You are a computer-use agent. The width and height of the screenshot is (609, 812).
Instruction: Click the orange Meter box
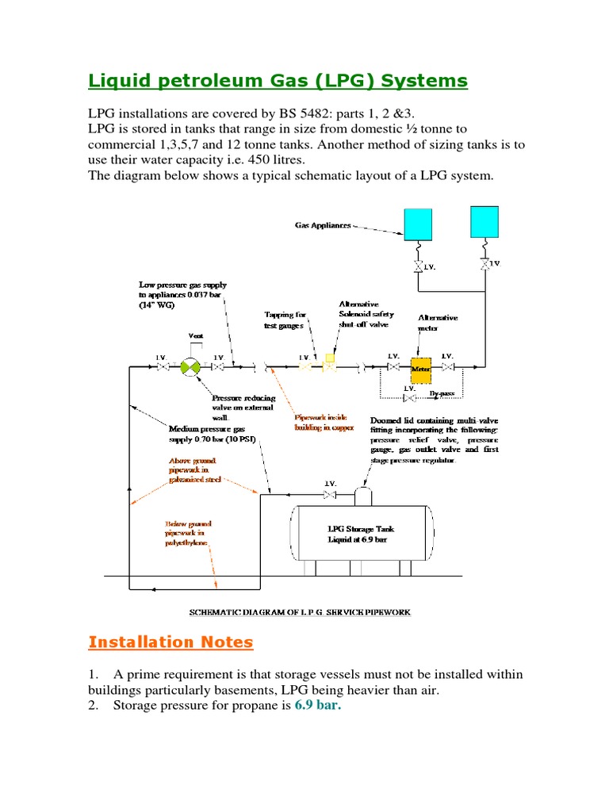tap(420, 367)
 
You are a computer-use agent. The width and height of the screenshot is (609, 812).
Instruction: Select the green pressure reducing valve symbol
tap(190, 367)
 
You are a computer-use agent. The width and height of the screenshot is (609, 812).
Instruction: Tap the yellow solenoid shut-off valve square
tap(330, 359)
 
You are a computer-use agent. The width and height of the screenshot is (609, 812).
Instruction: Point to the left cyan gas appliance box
tap(418, 223)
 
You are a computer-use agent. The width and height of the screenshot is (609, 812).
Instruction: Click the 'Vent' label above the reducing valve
tap(196, 335)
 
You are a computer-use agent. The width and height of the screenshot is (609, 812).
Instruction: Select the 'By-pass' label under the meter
tap(442, 393)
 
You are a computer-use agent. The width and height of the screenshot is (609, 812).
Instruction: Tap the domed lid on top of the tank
tap(364, 496)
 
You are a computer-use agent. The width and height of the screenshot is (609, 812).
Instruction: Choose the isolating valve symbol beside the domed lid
tap(329, 496)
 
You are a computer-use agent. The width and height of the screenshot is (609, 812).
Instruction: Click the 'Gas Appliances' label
tap(323, 225)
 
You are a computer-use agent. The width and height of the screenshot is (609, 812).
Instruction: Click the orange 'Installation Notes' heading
tap(170, 642)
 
